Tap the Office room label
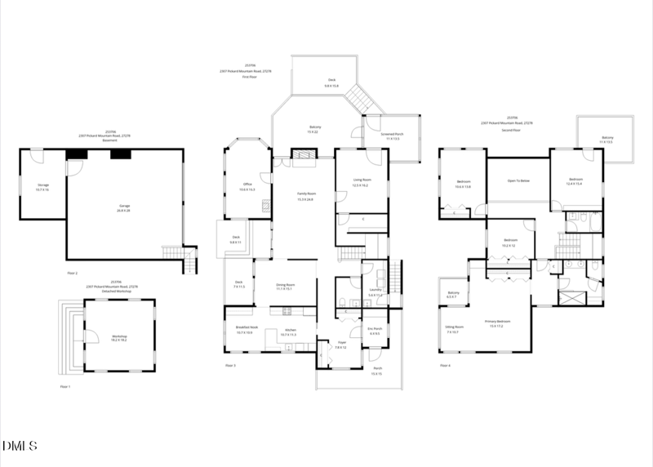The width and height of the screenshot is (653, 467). [x=247, y=186]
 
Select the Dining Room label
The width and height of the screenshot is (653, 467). [x=285, y=287]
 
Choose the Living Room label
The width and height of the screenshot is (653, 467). [x=360, y=182]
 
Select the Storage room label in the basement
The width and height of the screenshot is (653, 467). [x=42, y=187]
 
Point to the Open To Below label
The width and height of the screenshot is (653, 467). [x=518, y=181]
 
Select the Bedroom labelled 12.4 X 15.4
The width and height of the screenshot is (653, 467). [x=575, y=180]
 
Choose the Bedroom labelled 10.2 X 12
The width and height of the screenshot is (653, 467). [x=509, y=243]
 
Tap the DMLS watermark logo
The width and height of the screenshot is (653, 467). [x=20, y=446]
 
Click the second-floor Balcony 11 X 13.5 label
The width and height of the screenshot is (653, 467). [x=607, y=140]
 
